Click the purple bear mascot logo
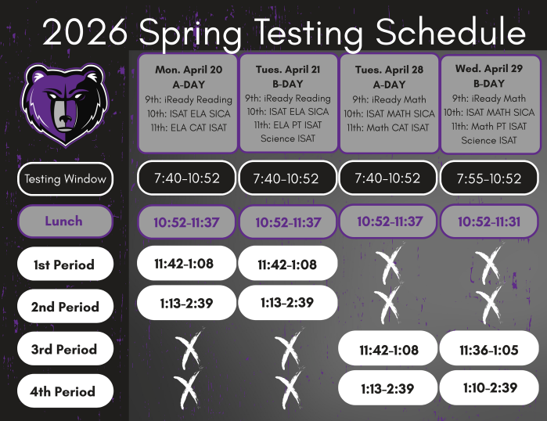click(62, 104)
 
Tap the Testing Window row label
click(64, 178)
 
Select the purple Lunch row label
click(64, 221)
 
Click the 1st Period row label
click(64, 264)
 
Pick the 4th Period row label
click(64, 391)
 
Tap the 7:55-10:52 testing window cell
click(490, 178)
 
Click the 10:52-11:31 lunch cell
click(490, 221)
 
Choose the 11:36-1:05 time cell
click(490, 350)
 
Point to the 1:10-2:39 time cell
click(490, 387)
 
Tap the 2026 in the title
click(85, 33)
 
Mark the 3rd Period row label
click(64, 349)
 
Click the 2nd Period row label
click(64, 307)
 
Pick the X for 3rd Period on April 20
click(189, 349)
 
